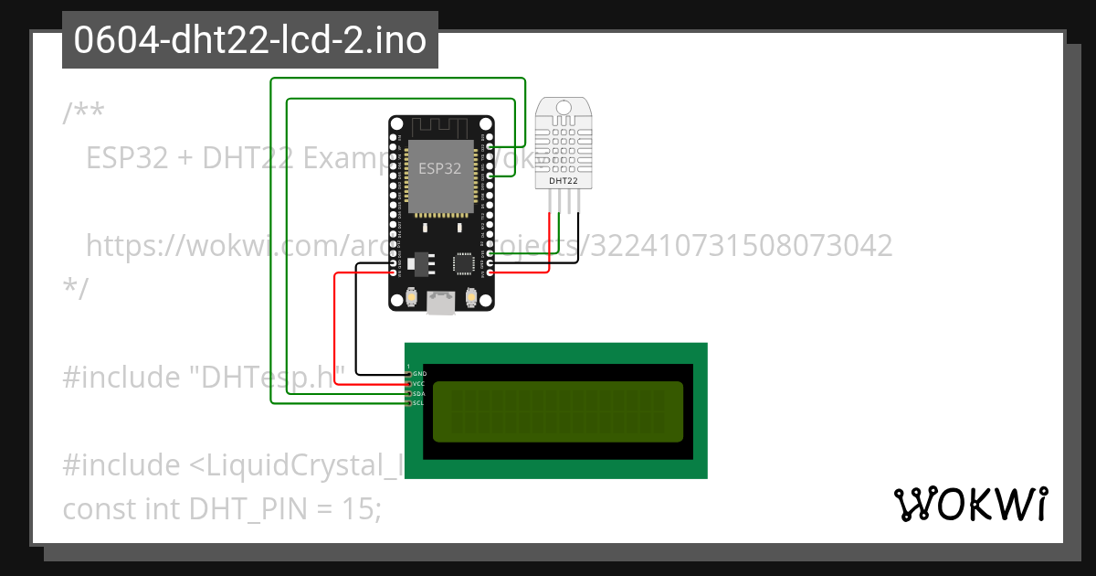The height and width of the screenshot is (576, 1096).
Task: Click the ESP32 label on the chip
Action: (x=439, y=168)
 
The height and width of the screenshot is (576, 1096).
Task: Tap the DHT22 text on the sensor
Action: (x=563, y=181)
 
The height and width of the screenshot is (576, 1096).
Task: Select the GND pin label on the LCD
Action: (x=419, y=374)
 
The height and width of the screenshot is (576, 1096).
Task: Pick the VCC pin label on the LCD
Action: (x=419, y=384)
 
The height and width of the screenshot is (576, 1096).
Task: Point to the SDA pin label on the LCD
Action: (x=419, y=393)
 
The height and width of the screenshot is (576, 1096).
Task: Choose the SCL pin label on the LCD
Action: (x=418, y=403)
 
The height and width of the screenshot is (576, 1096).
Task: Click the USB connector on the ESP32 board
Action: (x=442, y=303)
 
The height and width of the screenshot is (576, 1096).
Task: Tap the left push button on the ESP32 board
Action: (x=412, y=297)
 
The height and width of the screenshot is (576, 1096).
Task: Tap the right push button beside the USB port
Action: (x=472, y=297)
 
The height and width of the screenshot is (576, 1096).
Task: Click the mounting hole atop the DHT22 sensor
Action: (x=563, y=107)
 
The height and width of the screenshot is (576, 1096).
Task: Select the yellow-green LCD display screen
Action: (x=557, y=411)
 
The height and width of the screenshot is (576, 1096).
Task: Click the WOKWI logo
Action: (x=970, y=504)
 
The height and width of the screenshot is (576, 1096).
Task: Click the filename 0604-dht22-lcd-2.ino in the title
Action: (x=249, y=41)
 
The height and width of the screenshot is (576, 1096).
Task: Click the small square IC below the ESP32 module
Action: (x=464, y=264)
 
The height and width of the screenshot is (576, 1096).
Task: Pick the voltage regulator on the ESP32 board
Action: (x=420, y=263)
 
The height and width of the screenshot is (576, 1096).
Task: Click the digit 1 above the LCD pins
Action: (x=408, y=366)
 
